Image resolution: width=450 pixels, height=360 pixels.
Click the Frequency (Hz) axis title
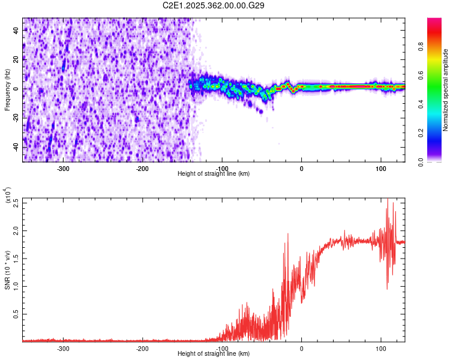pos(7,90)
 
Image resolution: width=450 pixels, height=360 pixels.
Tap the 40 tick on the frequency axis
pos(16,30)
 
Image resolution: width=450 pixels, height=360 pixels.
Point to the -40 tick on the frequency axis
pos(15,148)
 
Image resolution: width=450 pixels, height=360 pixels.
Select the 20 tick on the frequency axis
pos(16,59)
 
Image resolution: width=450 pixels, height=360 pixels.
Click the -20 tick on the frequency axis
pos(15,118)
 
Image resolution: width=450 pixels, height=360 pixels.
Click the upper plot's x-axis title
pos(214,173)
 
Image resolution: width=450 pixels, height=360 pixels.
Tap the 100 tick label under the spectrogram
pos(380,167)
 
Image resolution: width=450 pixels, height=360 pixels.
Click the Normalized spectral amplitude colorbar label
pos(446,90)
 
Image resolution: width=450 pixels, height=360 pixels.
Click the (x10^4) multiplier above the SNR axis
pos(8,196)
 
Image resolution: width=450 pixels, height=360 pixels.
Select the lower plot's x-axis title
pos(214,354)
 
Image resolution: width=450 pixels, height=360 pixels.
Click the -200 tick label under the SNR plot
pos(142,348)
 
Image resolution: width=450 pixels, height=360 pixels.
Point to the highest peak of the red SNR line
pos(388,199)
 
